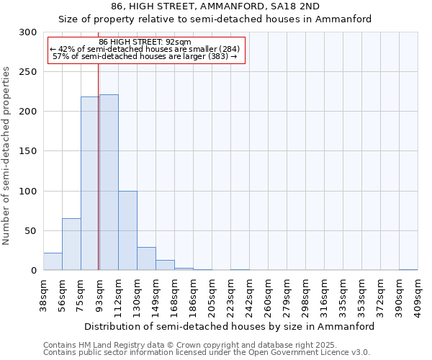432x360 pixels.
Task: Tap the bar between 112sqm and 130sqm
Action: click(x=127, y=230)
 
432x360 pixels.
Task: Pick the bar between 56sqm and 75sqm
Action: click(x=71, y=244)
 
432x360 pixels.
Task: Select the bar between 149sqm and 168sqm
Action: click(x=165, y=265)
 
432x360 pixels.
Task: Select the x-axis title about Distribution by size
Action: click(x=230, y=326)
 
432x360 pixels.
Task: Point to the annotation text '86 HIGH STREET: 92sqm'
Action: click(x=145, y=42)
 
